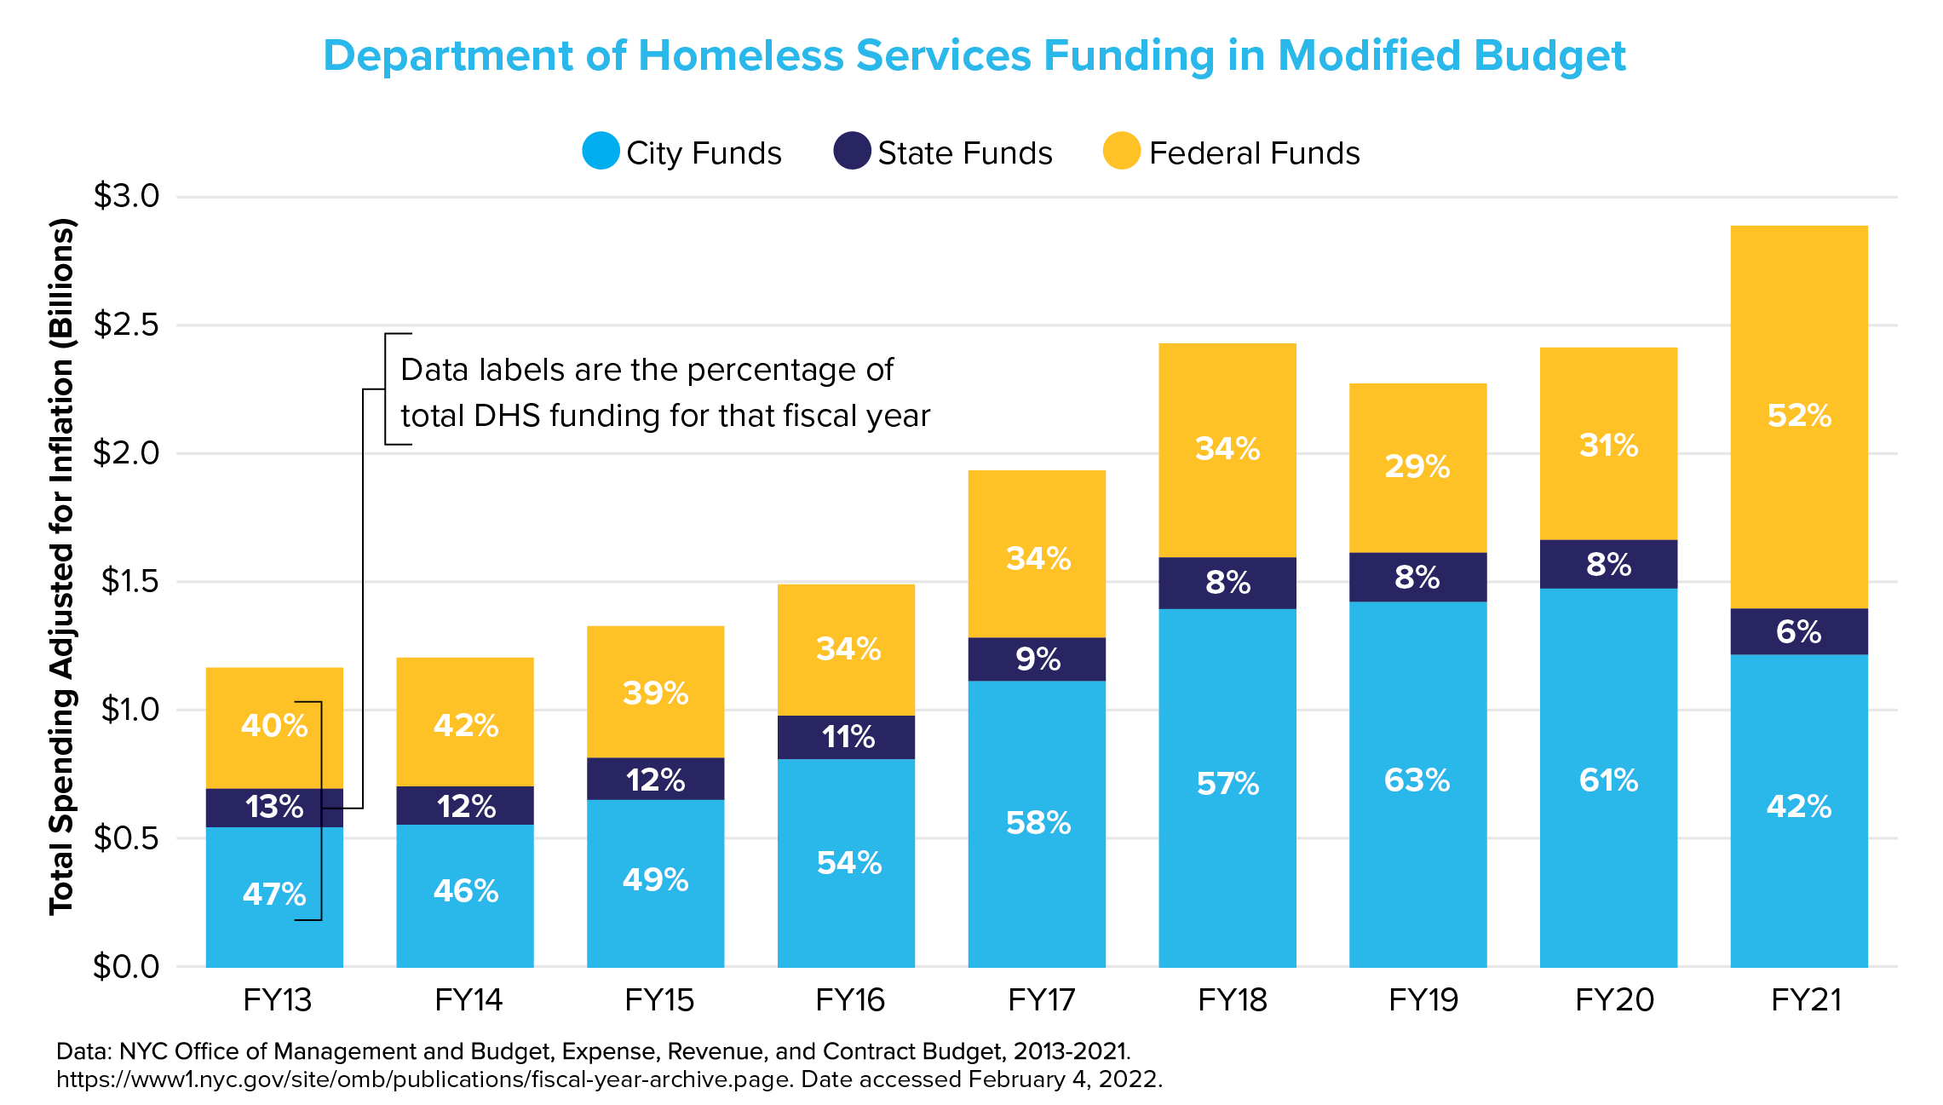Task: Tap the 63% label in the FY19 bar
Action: pos(1417,780)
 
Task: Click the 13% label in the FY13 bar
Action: pos(274,807)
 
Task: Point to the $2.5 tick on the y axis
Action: pos(126,325)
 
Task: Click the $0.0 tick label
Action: pos(126,966)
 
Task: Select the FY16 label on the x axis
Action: pos(849,1000)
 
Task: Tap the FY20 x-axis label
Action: pos(1614,1000)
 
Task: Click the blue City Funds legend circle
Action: pos(601,151)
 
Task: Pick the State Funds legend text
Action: pos(965,153)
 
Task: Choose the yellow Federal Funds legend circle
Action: pos(1121,151)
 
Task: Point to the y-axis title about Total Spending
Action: pos(62,567)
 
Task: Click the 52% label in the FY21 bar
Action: pos(1799,416)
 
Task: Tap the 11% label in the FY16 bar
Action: pos(848,737)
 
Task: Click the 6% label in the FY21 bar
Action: pos(1798,632)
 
